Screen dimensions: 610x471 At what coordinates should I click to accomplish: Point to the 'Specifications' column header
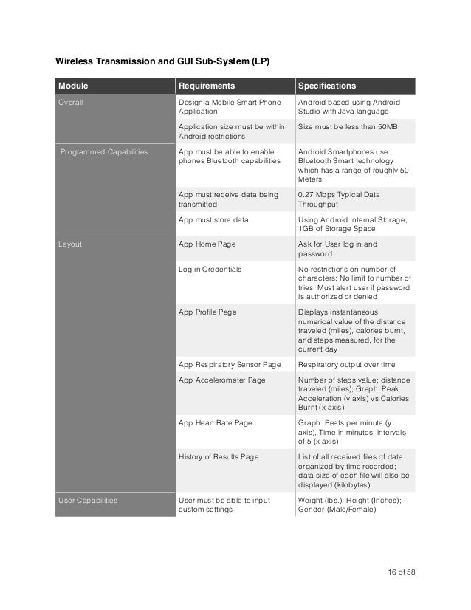click(x=327, y=86)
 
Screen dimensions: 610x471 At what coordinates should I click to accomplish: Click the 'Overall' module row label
click(x=72, y=102)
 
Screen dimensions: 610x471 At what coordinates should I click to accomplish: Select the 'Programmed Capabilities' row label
click(x=104, y=151)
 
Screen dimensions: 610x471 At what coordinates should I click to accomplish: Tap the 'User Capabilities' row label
click(x=88, y=500)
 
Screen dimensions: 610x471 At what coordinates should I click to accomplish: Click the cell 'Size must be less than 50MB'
click(x=348, y=127)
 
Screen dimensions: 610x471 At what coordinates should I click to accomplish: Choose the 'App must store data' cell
click(x=213, y=219)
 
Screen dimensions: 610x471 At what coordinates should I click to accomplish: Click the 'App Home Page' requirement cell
click(x=207, y=244)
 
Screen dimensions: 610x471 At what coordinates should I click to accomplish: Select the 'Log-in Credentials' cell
click(x=210, y=269)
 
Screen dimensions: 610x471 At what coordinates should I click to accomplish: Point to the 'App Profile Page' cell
click(x=207, y=312)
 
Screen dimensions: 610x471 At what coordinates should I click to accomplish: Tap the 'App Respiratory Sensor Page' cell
click(x=230, y=364)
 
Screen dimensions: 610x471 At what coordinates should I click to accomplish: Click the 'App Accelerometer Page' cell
click(x=221, y=380)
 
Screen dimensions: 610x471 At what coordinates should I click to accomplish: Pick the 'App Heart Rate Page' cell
click(x=216, y=422)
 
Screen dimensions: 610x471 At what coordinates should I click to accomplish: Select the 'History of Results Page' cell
click(x=219, y=456)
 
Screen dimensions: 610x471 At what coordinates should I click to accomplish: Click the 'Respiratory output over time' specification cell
click(x=346, y=364)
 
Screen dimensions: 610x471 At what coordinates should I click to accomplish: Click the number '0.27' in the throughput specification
click(x=306, y=194)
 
